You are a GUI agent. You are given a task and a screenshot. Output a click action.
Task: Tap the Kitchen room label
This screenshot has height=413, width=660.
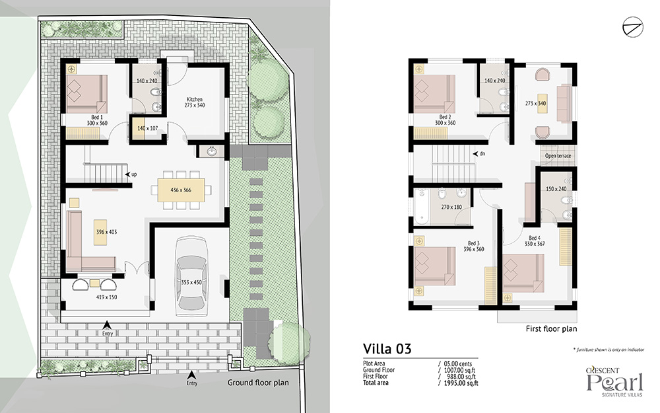pos(195,100)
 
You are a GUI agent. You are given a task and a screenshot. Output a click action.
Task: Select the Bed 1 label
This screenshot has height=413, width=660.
pos(97,117)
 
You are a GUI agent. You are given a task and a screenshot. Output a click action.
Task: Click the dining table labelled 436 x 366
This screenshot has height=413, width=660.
pos(181,190)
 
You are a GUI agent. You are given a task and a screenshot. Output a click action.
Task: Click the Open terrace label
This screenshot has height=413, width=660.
pos(558,156)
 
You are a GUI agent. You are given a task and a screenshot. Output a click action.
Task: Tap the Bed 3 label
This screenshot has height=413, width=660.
pos(473,243)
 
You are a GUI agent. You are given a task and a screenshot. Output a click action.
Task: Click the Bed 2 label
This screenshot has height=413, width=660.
pos(445,117)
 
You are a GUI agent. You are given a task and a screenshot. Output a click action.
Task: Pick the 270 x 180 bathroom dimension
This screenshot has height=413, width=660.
pos(451,207)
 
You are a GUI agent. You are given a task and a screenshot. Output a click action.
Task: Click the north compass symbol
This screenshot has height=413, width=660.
pos(633,27)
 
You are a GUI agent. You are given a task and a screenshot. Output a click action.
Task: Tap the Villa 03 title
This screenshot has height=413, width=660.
pos(387,348)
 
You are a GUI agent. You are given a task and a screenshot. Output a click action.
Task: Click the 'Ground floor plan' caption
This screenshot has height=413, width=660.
pos(258,383)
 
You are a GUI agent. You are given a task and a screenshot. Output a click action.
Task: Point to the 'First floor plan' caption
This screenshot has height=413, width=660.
pos(551,328)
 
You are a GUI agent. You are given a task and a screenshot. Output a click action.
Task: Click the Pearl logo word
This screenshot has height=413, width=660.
pos(615,383)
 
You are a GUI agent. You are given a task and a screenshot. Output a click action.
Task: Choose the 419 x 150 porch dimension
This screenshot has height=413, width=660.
pos(106,297)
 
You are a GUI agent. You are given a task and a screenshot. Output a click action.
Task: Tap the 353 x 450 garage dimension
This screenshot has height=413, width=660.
pos(191,282)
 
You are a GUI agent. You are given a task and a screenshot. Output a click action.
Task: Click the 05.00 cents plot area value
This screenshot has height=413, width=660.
pos(458,363)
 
